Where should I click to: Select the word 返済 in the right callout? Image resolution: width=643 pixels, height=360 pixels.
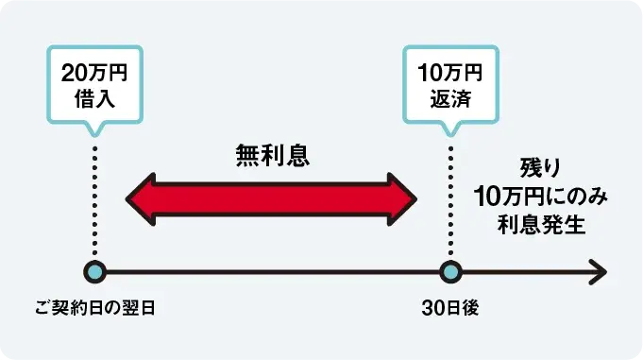(449, 98)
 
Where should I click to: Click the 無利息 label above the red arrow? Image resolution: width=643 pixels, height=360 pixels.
(272, 154)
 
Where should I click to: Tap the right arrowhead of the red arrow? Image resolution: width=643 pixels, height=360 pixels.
(403, 197)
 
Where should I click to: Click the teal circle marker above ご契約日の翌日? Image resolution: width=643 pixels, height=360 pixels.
(93, 272)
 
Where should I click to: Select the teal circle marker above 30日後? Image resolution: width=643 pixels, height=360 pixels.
(450, 272)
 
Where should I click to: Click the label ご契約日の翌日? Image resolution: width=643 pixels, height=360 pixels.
(93, 308)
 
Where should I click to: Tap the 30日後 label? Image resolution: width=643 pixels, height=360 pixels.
(450, 308)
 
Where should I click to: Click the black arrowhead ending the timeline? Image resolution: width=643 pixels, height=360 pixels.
(597, 272)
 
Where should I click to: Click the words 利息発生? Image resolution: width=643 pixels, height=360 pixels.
(541, 224)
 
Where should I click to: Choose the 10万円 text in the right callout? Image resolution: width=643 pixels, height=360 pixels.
(449, 73)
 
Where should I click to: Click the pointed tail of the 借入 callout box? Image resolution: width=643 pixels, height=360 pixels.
(93, 129)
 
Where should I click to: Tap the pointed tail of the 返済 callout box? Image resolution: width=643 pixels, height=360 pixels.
(450, 129)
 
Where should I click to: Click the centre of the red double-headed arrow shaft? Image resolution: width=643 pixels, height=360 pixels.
(272, 197)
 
